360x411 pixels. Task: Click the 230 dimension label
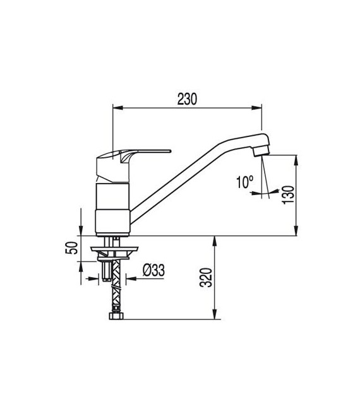tap(187, 99)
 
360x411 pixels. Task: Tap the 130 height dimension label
tap(288, 194)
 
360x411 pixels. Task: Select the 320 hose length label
tap(206, 278)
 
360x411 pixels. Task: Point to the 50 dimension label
tap(71, 247)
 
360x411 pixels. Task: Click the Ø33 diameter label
tap(154, 270)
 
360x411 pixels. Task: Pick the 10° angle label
tap(245, 182)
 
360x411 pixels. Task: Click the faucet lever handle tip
tap(170, 151)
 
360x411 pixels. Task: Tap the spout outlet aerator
tap(261, 152)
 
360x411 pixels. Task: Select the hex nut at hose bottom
tap(116, 315)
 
